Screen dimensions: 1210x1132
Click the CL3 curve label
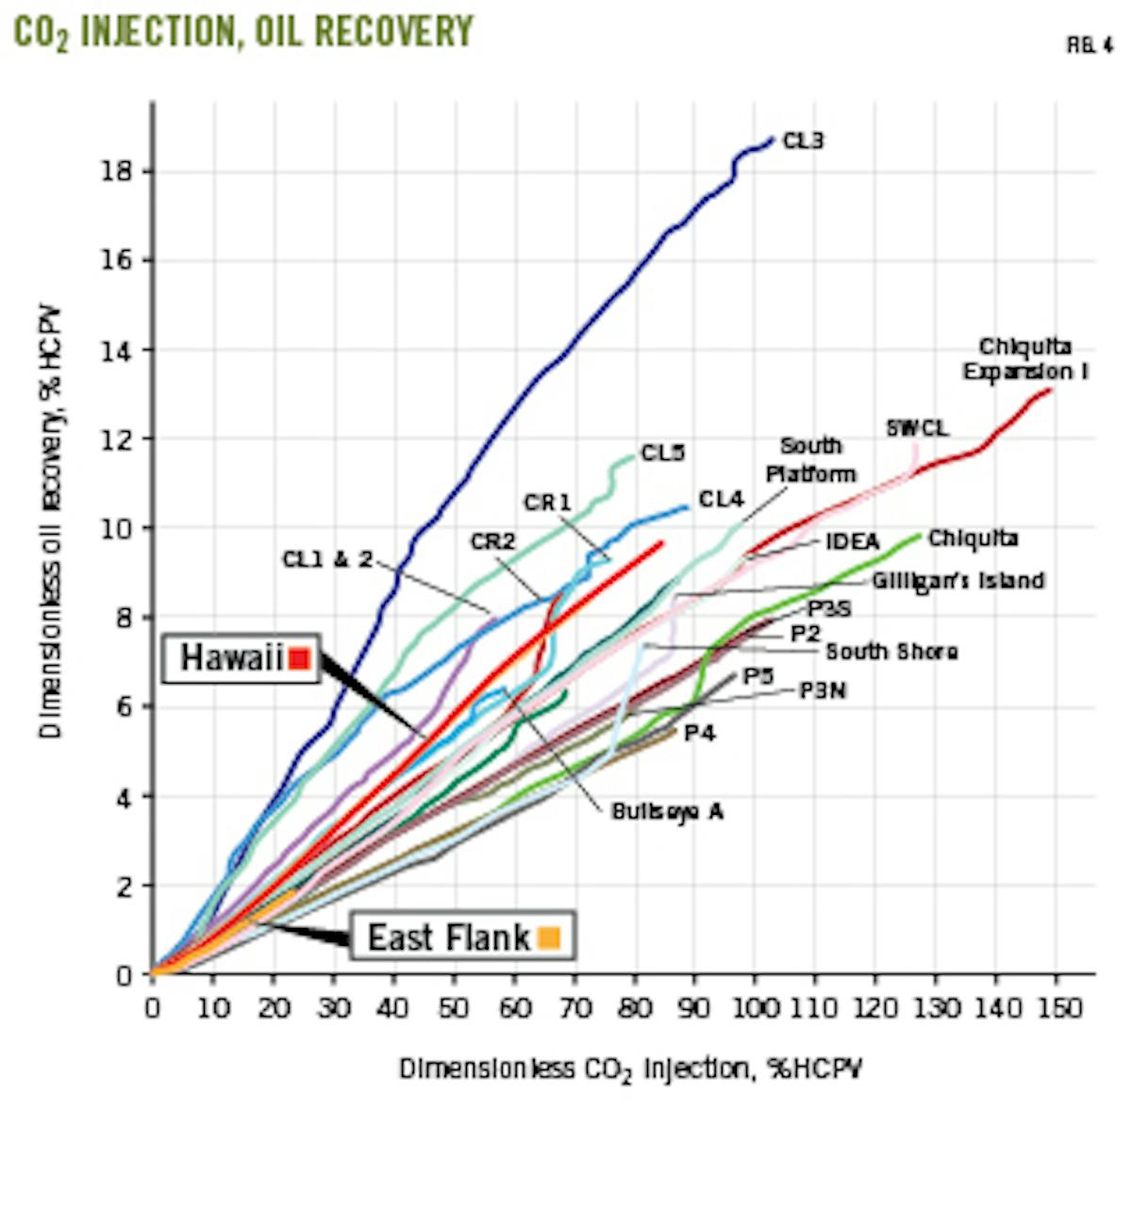tap(803, 141)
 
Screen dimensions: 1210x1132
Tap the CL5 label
tap(663, 454)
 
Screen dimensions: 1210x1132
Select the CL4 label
tap(721, 500)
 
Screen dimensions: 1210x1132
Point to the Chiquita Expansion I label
tap(1024, 359)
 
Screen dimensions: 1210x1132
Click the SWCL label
tap(917, 429)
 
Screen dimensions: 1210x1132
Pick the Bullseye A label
tap(667, 811)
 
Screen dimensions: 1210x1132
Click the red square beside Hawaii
tap(299, 658)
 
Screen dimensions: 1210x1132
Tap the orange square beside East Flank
tap(548, 937)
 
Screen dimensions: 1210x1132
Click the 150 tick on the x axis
tap(1056, 1008)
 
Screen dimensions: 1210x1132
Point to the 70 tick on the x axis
tap(573, 1008)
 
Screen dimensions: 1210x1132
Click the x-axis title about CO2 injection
tap(630, 1069)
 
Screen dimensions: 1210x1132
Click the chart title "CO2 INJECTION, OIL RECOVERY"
tap(242, 32)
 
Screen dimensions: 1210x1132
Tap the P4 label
tap(699, 733)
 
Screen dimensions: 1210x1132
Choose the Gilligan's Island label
tap(957, 581)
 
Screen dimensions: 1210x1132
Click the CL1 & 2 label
tap(327, 560)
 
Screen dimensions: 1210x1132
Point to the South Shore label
tap(891, 652)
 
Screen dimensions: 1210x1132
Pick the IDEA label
tap(852, 541)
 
